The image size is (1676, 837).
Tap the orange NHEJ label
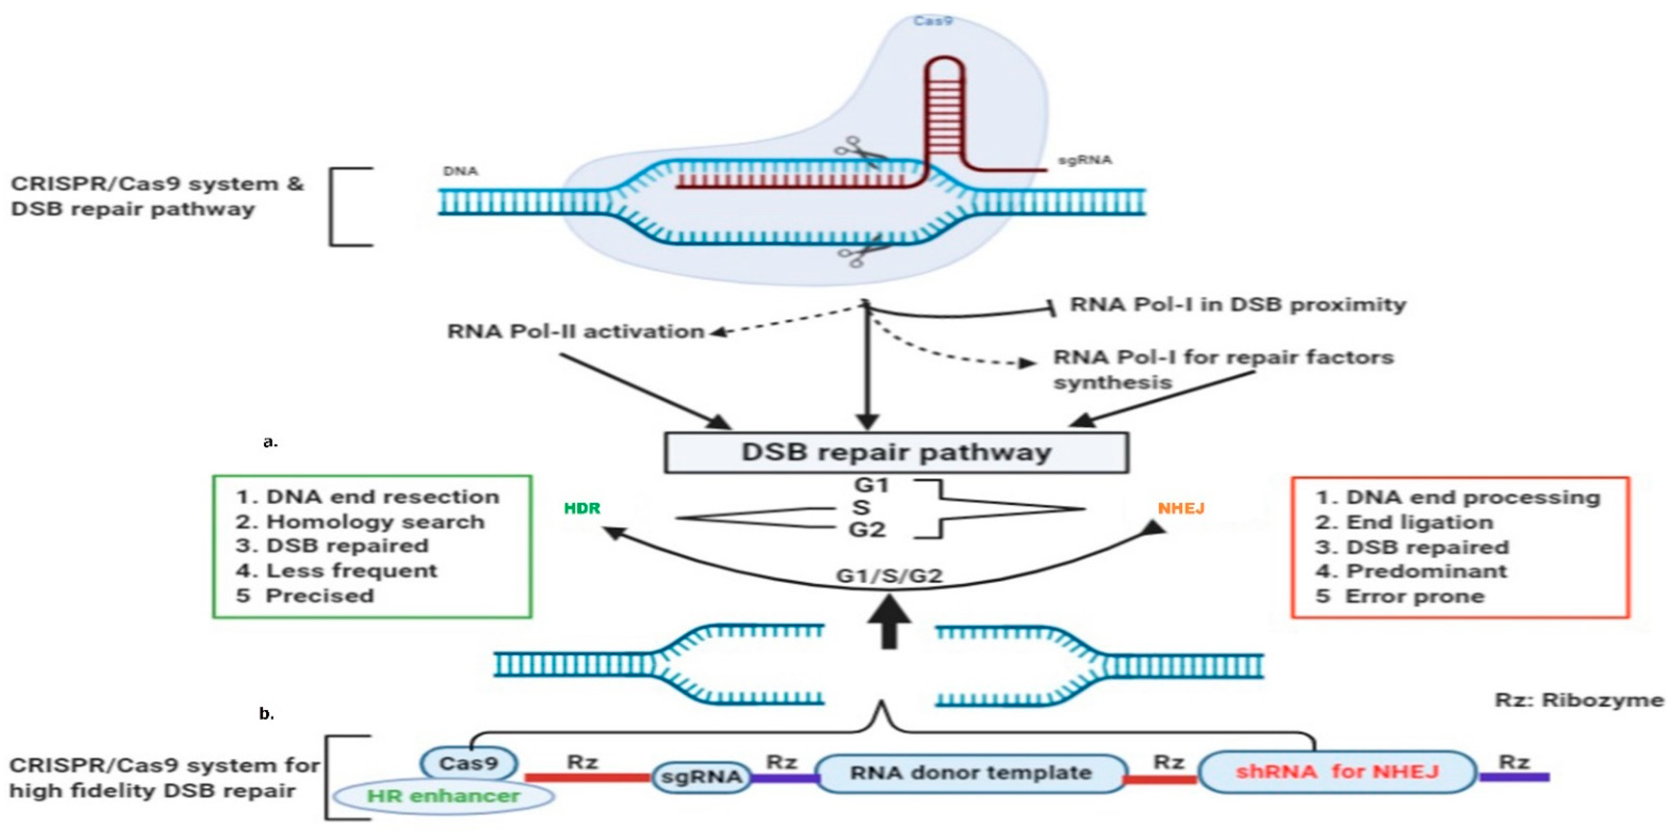coord(1181,508)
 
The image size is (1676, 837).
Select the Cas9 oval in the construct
coord(468,763)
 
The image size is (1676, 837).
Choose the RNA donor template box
coord(971,773)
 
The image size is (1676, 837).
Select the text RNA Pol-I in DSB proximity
coord(1238,305)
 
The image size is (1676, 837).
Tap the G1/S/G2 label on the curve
coord(890,576)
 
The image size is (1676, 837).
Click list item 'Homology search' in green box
coord(375,522)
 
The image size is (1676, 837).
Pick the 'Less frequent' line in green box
coord(352,571)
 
